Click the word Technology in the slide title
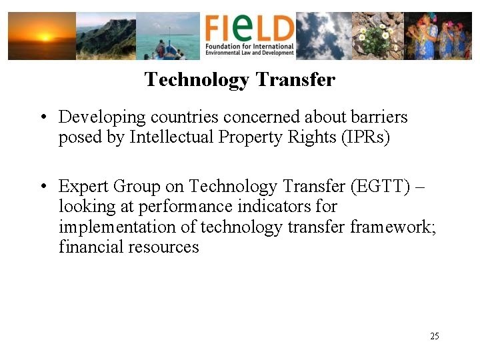tap(196, 80)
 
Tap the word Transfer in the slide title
tap(295, 80)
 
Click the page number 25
tap(434, 336)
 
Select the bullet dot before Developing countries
tap(42, 118)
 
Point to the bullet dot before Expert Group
tap(42, 186)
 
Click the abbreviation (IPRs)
tap(365, 138)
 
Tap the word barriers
tap(379, 117)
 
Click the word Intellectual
tap(169, 138)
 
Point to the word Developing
tap(102, 118)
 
